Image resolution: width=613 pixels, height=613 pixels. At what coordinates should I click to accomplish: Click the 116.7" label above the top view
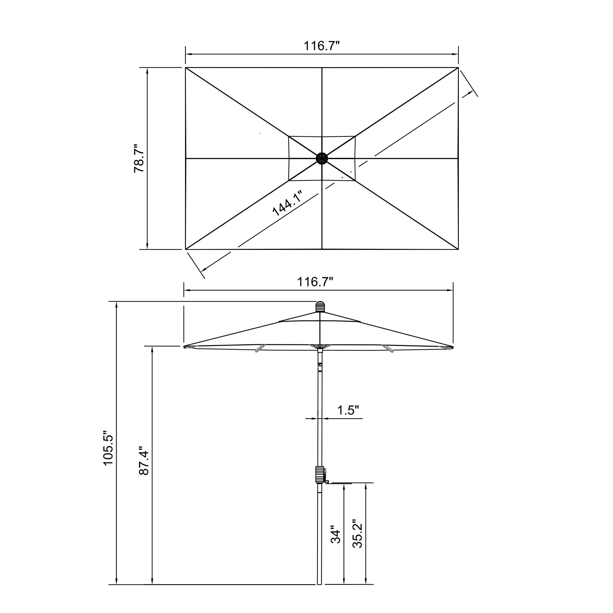[322, 46]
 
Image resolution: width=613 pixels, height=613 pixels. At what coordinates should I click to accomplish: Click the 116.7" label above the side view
[315, 282]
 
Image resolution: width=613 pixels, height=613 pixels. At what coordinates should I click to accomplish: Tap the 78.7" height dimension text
[139, 159]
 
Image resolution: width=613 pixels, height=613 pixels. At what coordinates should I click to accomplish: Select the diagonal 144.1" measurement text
[287, 204]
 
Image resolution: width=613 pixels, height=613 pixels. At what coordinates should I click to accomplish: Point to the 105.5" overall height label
[109, 448]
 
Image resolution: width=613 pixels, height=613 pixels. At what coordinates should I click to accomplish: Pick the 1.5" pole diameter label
[348, 410]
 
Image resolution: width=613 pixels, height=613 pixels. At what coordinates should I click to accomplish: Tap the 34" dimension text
[335, 536]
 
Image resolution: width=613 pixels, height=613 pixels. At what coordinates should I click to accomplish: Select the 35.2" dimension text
[357, 534]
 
